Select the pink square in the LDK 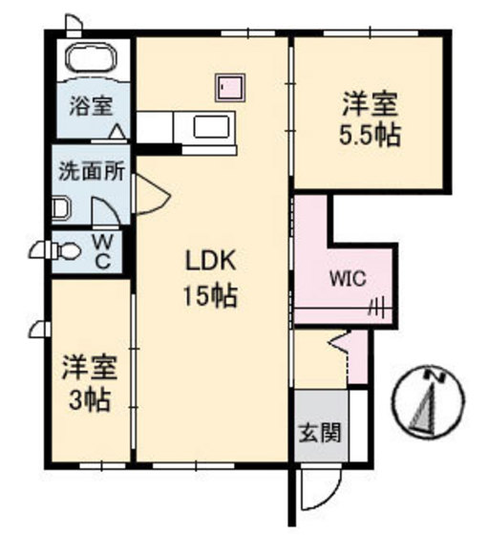click(229, 88)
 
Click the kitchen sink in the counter click(211, 126)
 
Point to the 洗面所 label click(86, 175)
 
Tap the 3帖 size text click(87, 398)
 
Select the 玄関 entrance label click(319, 432)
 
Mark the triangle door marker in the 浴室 click(116, 131)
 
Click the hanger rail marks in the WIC click(376, 308)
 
